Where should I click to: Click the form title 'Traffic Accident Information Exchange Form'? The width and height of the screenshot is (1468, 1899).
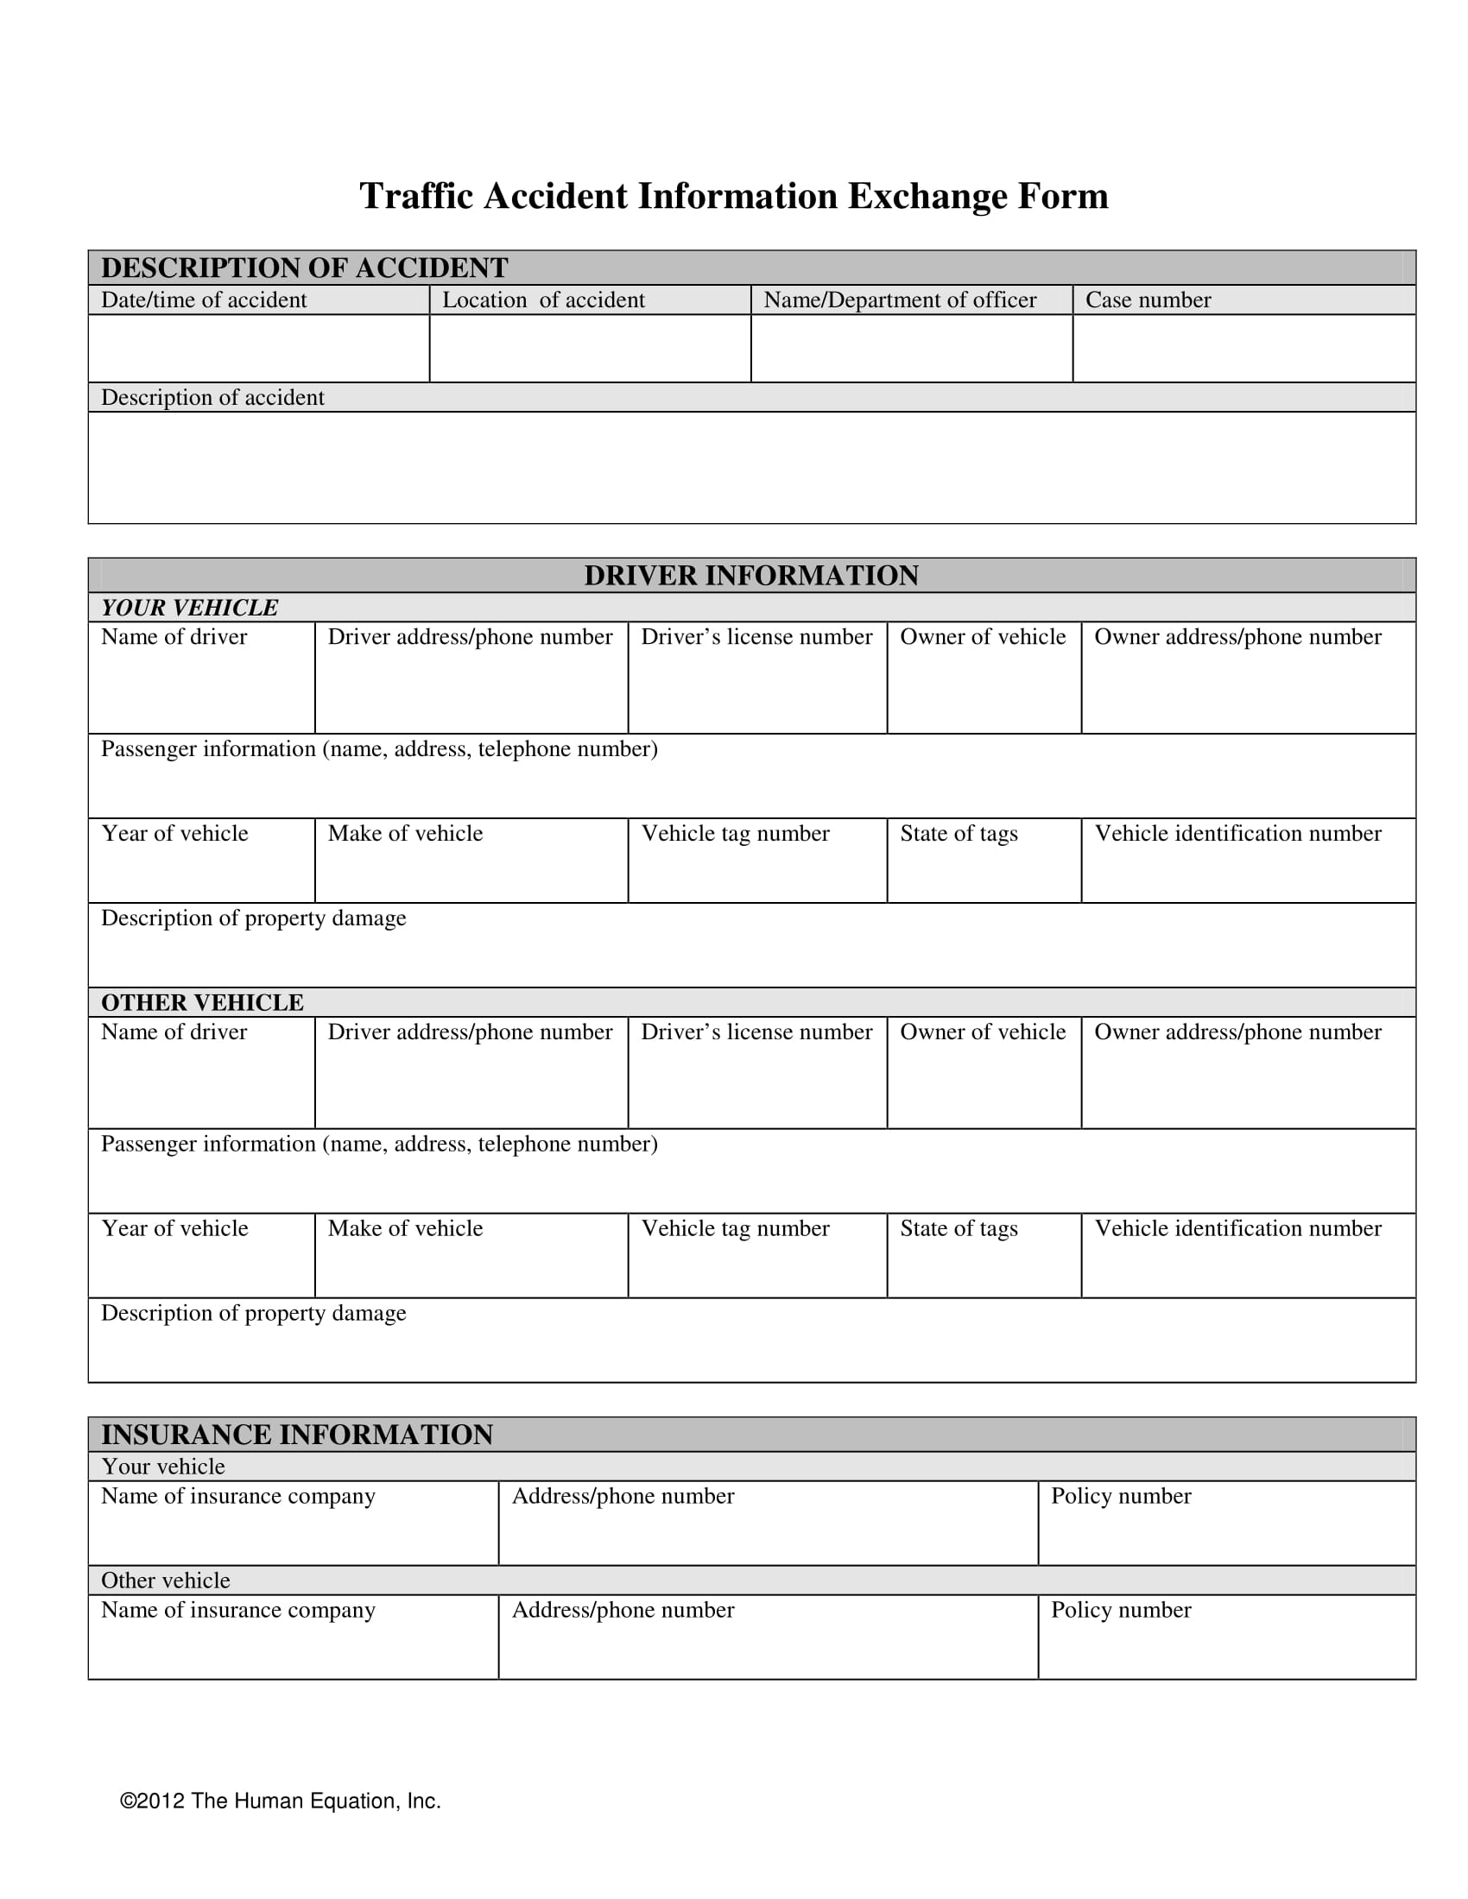point(733,197)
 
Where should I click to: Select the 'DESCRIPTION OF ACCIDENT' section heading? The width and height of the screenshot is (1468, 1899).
point(304,268)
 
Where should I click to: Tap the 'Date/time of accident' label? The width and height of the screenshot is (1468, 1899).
point(204,300)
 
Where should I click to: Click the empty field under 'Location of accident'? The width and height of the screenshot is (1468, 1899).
point(590,348)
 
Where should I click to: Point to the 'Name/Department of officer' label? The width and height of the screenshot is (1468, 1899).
point(899,300)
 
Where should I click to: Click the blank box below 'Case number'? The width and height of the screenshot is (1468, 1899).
point(1243,348)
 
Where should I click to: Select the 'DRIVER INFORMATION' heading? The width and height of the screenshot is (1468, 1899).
point(750,576)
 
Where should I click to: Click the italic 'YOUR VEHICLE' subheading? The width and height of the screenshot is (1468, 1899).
point(190,608)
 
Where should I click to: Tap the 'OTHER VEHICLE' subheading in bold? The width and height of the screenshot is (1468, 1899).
point(202,1002)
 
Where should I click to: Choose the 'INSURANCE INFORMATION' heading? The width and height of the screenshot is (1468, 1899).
point(296,1434)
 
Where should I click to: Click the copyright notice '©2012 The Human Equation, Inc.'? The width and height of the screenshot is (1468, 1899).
point(280,1801)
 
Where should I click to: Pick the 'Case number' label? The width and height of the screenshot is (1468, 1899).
point(1147,300)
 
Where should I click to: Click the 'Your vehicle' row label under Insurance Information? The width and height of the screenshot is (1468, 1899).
point(162,1467)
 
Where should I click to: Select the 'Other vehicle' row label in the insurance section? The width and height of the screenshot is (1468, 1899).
point(165,1580)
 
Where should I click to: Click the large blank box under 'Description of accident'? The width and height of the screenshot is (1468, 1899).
point(751,468)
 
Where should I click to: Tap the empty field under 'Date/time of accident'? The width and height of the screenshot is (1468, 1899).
point(258,348)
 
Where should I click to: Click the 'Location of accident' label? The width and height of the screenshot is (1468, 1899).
point(542,300)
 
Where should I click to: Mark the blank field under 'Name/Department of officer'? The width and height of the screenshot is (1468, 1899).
point(911,348)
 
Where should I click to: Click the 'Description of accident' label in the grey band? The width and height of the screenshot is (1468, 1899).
point(212,397)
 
